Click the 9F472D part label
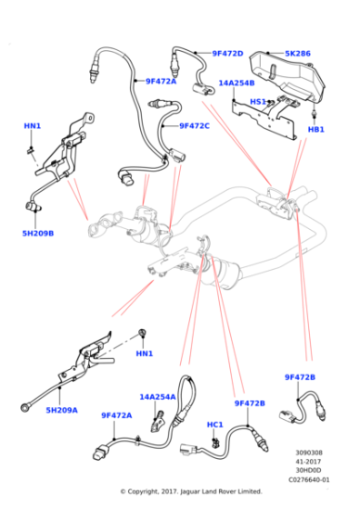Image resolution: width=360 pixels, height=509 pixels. pyautogui.click(x=227, y=54)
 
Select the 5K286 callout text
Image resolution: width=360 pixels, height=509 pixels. pyautogui.click(x=297, y=54)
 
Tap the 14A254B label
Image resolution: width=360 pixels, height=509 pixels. pyautogui.click(x=236, y=83)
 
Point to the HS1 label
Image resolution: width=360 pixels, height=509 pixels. pyautogui.click(x=258, y=102)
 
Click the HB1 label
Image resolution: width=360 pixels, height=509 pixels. pyautogui.click(x=315, y=129)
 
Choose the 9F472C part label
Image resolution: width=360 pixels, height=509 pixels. pyautogui.click(x=195, y=125)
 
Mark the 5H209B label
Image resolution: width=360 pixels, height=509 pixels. pyautogui.click(x=38, y=233)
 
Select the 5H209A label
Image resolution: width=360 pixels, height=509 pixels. pyautogui.click(x=62, y=410)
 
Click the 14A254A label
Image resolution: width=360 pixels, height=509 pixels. pyautogui.click(x=157, y=396)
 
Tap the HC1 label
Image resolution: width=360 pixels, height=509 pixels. pyautogui.click(x=215, y=424)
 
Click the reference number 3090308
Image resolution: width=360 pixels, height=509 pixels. pyautogui.click(x=309, y=453)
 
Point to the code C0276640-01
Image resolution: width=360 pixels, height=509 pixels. pyautogui.click(x=309, y=479)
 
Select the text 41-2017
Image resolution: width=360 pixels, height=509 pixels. pyautogui.click(x=309, y=462)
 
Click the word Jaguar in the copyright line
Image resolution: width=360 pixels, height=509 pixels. pyautogui.click(x=190, y=492)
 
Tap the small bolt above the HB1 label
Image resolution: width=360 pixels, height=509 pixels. pyautogui.click(x=314, y=114)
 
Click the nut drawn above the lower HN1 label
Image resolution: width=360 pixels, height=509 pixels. pyautogui.click(x=142, y=333)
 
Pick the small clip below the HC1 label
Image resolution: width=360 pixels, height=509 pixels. pyautogui.click(x=215, y=443)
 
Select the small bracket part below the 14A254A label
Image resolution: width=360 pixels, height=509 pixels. pyautogui.click(x=158, y=422)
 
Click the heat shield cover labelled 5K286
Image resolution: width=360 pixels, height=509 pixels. pyautogui.click(x=287, y=75)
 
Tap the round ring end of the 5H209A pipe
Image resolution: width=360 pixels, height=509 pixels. pyautogui.click(x=25, y=407)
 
